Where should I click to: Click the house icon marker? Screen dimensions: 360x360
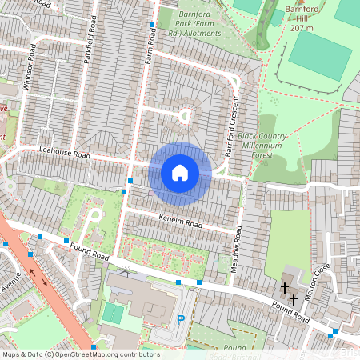(x=180, y=172)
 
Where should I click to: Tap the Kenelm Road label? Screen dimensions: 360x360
(x=180, y=217)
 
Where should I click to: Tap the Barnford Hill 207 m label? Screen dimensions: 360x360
(x=301, y=18)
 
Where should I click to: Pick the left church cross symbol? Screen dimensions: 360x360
(x=284, y=288)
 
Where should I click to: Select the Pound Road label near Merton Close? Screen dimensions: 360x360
(x=290, y=311)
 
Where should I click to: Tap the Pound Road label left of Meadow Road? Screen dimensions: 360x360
(x=89, y=253)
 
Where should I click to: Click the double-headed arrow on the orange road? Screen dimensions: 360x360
(x=38, y=275)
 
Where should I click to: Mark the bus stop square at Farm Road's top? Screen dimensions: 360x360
(x=151, y=26)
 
